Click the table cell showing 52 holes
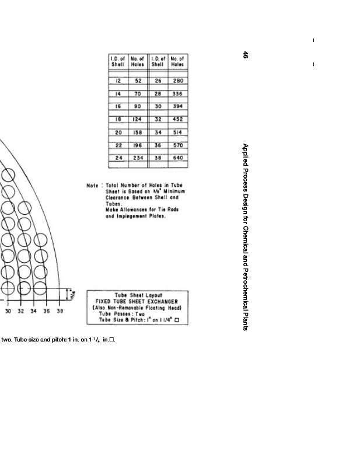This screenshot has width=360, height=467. click(x=138, y=81)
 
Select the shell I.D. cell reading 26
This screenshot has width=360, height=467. click(x=158, y=81)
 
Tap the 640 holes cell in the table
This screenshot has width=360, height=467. click(x=178, y=158)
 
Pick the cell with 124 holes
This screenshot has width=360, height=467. click(x=138, y=119)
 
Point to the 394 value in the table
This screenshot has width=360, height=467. click(x=178, y=106)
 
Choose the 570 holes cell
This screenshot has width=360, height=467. click(x=178, y=145)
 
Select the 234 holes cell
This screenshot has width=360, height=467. click(x=138, y=158)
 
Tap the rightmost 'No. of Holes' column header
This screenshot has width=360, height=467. click(x=178, y=61)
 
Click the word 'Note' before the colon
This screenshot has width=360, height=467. click(x=92, y=186)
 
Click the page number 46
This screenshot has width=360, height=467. click(x=246, y=55)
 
